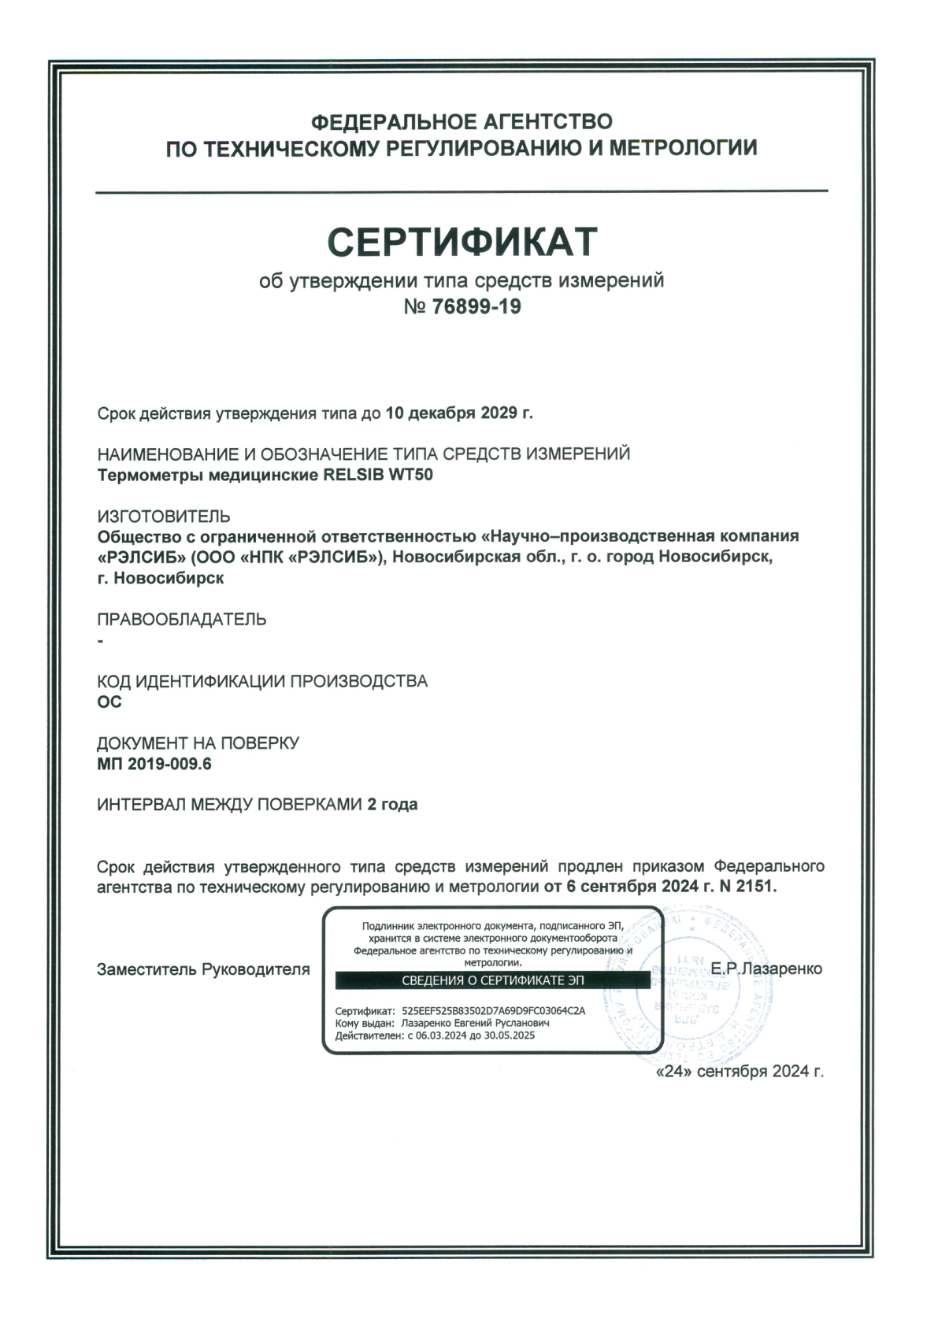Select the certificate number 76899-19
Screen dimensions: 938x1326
click(x=476, y=306)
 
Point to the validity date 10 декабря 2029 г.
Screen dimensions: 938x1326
click(x=458, y=413)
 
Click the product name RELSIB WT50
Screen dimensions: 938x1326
click(x=378, y=475)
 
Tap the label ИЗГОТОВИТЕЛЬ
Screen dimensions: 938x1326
click(x=164, y=517)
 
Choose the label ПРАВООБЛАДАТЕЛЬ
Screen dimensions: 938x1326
click(x=182, y=620)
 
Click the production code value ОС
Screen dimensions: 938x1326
click(x=109, y=702)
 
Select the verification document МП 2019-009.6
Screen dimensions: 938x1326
click(x=154, y=764)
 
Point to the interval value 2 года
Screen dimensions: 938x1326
click(x=392, y=805)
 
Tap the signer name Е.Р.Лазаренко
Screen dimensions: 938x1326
click(x=766, y=969)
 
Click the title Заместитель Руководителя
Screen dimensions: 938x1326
click(x=203, y=969)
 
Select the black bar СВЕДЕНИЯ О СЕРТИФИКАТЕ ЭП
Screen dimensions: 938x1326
click(x=493, y=980)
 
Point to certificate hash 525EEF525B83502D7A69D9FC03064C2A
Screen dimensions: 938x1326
click(x=493, y=1010)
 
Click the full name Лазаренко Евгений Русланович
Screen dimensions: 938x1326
click(x=475, y=1023)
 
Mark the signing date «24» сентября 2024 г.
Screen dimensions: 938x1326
click(x=740, y=1071)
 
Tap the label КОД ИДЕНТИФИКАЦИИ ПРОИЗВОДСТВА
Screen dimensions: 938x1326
click(x=262, y=681)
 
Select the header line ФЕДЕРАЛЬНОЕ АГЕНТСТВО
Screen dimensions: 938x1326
click(x=462, y=122)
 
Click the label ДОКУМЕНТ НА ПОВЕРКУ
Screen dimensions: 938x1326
click(x=198, y=743)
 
